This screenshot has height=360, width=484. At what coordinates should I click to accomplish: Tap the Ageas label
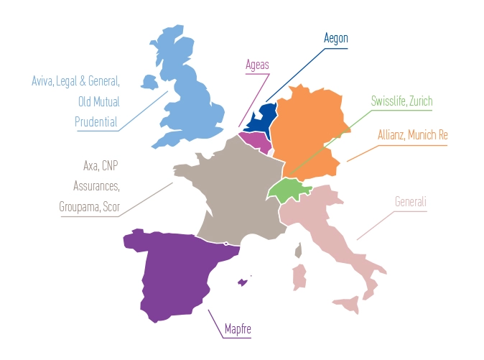[x=256, y=65]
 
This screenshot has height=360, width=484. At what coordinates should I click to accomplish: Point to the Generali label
[x=411, y=202]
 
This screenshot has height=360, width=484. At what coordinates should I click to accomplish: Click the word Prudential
[x=96, y=121]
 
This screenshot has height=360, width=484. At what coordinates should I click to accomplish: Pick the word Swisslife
[x=388, y=101]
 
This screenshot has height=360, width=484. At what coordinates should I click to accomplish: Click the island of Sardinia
[x=299, y=277]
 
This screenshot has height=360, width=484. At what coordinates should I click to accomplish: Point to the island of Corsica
[x=300, y=249]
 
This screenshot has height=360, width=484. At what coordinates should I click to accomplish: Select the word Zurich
[x=420, y=101]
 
